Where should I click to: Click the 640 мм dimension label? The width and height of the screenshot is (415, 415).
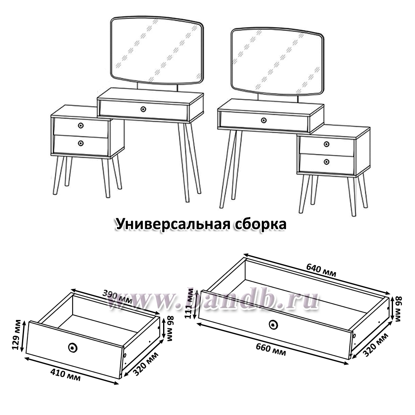[x=321, y=270]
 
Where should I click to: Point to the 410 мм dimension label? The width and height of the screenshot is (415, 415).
[x=66, y=375]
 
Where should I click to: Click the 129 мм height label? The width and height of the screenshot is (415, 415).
[x=17, y=334]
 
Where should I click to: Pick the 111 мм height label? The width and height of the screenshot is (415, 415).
[x=189, y=303]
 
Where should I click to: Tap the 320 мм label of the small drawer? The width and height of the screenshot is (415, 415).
[x=146, y=364]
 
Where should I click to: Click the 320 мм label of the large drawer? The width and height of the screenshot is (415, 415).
[x=375, y=345]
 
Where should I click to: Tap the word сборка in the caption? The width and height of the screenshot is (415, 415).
[x=261, y=224]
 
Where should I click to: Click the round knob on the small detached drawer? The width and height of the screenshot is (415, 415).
[x=72, y=347]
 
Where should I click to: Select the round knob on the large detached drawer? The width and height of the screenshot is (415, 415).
[x=273, y=325]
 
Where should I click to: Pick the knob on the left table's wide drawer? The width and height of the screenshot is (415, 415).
[x=143, y=109]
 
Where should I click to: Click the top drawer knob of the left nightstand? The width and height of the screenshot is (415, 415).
[x=81, y=125]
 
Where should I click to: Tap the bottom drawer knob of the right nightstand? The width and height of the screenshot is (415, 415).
[x=327, y=162]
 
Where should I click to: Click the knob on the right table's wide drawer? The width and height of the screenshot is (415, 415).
[x=264, y=120]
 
